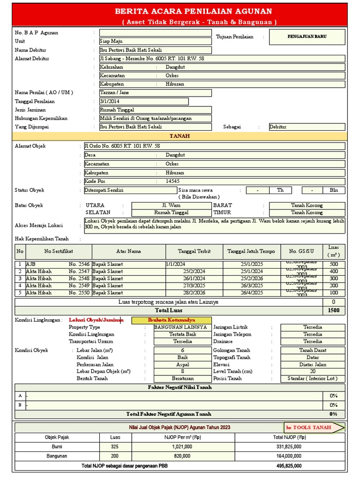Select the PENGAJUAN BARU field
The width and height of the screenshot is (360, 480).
tap(307, 37)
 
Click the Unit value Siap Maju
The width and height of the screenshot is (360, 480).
tap(155, 41)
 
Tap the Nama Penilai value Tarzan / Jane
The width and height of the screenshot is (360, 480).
tap(155, 93)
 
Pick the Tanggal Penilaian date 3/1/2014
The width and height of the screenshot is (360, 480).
tap(143, 101)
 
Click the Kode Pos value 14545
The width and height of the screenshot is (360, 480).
tap(172, 181)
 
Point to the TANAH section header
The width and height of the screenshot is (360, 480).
tap(180, 136)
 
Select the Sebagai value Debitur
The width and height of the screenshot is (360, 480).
tap(307, 127)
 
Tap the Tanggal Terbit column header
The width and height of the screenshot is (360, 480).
tap(194, 251)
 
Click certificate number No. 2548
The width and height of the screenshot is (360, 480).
tap(79, 278)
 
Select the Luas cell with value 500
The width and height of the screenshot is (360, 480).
tap(334, 264)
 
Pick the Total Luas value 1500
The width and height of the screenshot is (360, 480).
tap(334, 310)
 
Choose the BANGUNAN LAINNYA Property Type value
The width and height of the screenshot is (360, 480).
tap(182, 327)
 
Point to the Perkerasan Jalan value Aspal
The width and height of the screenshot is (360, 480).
tap(182, 364)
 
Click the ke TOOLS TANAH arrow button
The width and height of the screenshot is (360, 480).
tap(315, 427)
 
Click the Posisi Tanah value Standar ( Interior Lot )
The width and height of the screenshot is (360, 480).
tap(313, 378)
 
